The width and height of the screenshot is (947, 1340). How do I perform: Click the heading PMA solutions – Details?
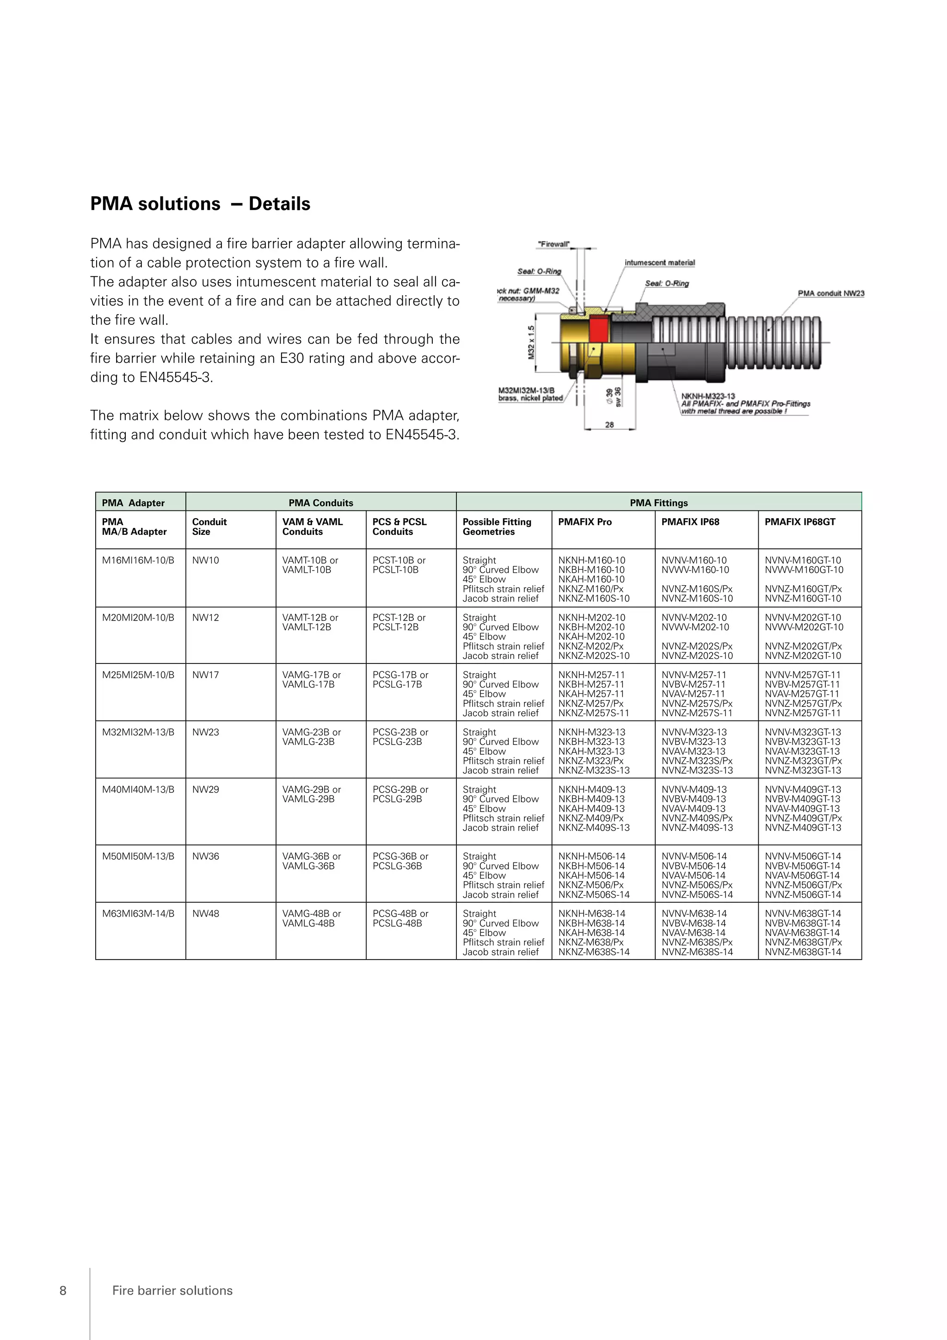click(200, 204)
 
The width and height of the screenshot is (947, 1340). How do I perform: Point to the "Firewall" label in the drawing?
click(553, 244)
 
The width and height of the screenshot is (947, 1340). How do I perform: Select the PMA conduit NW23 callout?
click(831, 293)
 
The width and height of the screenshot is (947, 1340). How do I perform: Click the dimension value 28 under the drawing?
click(609, 425)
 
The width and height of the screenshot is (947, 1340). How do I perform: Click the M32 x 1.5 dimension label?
click(531, 342)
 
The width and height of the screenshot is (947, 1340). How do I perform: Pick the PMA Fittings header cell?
click(658, 502)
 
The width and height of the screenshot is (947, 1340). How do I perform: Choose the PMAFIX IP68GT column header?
click(799, 522)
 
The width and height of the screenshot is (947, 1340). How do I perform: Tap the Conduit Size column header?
click(209, 527)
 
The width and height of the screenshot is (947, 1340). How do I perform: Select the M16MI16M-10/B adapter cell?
click(138, 560)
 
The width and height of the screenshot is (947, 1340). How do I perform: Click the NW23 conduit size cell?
click(206, 732)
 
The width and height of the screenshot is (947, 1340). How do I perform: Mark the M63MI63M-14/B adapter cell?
click(138, 913)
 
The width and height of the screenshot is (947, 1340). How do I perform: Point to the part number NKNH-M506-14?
click(591, 856)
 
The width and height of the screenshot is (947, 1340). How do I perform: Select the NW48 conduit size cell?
click(206, 913)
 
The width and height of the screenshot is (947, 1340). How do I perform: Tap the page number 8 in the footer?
click(63, 1290)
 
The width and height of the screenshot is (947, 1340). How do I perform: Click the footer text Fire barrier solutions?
click(172, 1290)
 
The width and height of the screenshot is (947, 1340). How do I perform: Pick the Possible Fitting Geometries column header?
click(497, 527)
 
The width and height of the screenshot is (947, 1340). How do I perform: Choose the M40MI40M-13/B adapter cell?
click(138, 789)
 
